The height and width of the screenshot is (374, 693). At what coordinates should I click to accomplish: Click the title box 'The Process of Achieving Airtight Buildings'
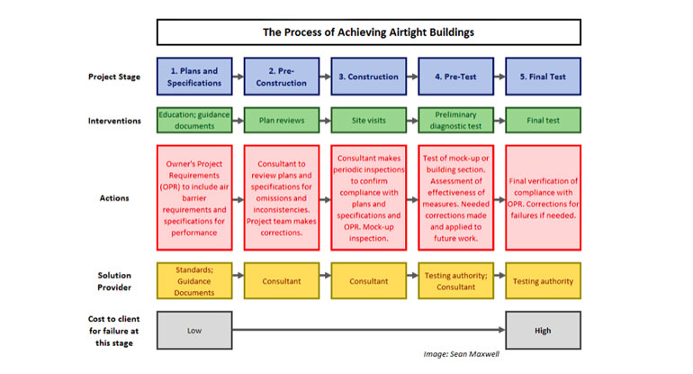pyautogui.click(x=368, y=32)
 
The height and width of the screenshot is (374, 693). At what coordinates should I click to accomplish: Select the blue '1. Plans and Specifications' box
pyautogui.click(x=193, y=77)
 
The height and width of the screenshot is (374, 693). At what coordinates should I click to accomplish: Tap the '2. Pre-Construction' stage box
pyautogui.click(x=281, y=77)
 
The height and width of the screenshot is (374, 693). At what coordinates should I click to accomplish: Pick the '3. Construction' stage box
pyautogui.click(x=368, y=77)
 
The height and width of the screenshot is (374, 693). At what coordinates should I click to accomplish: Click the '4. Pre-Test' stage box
pyautogui.click(x=454, y=77)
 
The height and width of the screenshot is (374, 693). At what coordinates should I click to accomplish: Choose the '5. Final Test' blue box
pyautogui.click(x=543, y=77)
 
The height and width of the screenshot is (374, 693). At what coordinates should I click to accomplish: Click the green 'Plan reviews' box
pyautogui.click(x=281, y=120)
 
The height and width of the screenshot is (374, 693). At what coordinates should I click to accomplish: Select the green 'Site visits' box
pyautogui.click(x=368, y=120)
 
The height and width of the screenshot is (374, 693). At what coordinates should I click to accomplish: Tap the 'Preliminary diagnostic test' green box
pyautogui.click(x=454, y=120)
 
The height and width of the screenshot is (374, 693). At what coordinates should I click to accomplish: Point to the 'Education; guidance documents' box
pyautogui.click(x=193, y=120)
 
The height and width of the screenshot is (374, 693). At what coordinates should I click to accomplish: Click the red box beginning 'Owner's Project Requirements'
pyautogui.click(x=193, y=196)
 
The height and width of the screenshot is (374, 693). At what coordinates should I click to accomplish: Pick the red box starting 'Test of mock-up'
pyautogui.click(x=454, y=196)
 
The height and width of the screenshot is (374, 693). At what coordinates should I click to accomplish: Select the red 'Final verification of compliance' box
pyautogui.click(x=543, y=196)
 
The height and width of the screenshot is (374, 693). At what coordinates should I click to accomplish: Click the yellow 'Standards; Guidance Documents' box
pyautogui.click(x=193, y=280)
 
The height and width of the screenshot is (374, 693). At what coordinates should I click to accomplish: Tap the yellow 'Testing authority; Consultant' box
pyautogui.click(x=454, y=280)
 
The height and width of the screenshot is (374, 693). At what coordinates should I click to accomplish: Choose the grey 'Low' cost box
pyautogui.click(x=193, y=330)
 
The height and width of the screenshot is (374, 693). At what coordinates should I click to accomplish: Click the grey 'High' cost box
pyautogui.click(x=543, y=330)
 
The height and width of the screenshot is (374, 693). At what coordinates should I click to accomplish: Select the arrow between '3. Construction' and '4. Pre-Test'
pyautogui.click(x=411, y=77)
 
